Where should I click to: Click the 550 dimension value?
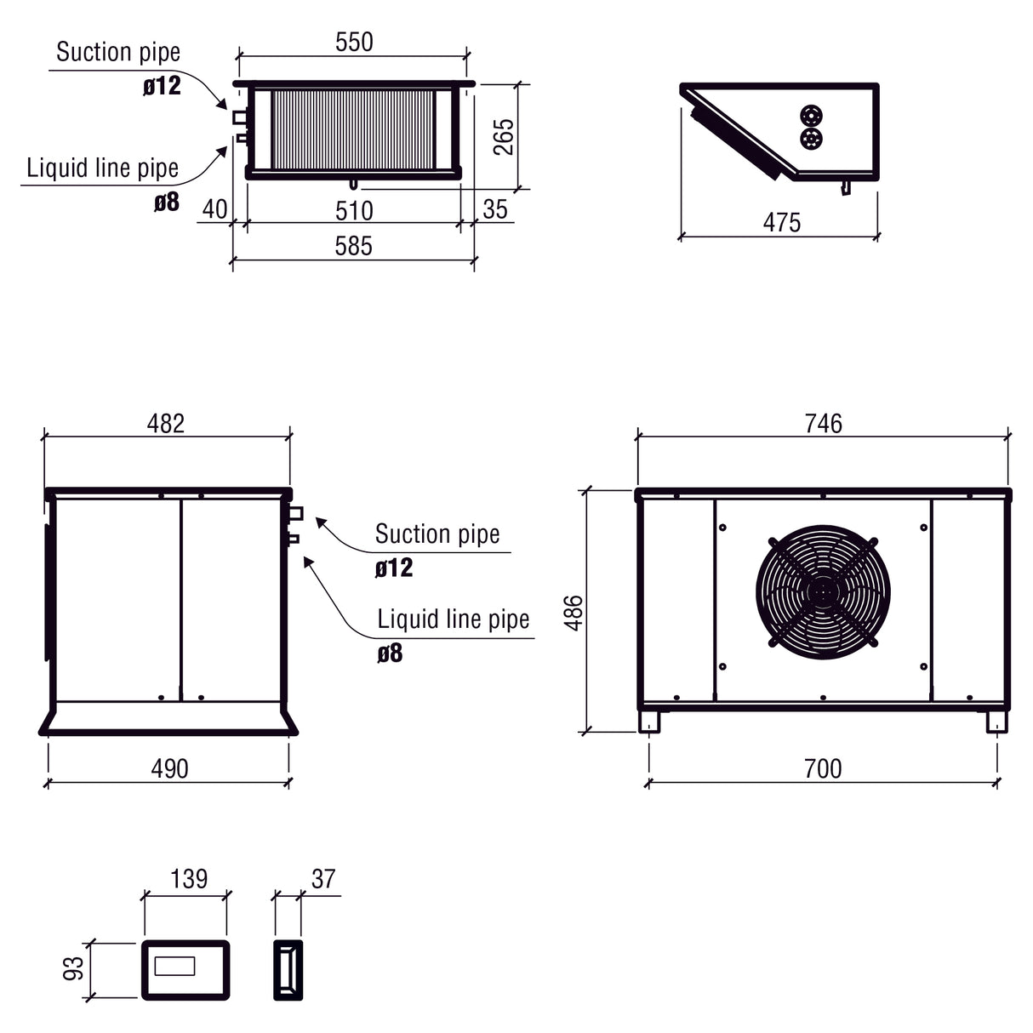pos(354,43)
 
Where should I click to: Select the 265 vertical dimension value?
pos(504,136)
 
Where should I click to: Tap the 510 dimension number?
pos(354,210)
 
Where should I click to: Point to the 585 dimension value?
pos(353,246)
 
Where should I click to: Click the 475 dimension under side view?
pos(781,223)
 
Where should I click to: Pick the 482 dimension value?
pos(165,424)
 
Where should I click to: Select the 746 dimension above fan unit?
pos(823,424)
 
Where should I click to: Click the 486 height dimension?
pos(574,612)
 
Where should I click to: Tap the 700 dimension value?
pos(822,768)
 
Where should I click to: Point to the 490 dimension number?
pos(169,768)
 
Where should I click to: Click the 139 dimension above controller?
pos(188,879)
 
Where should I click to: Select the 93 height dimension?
pos(75,968)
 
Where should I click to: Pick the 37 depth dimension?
pos(323,879)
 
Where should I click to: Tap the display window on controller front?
pos(174,967)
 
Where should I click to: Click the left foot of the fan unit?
pos(650,721)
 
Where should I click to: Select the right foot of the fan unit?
pos(996,721)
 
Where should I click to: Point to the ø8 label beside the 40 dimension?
pos(167,203)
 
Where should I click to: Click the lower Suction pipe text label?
pos(437,534)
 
